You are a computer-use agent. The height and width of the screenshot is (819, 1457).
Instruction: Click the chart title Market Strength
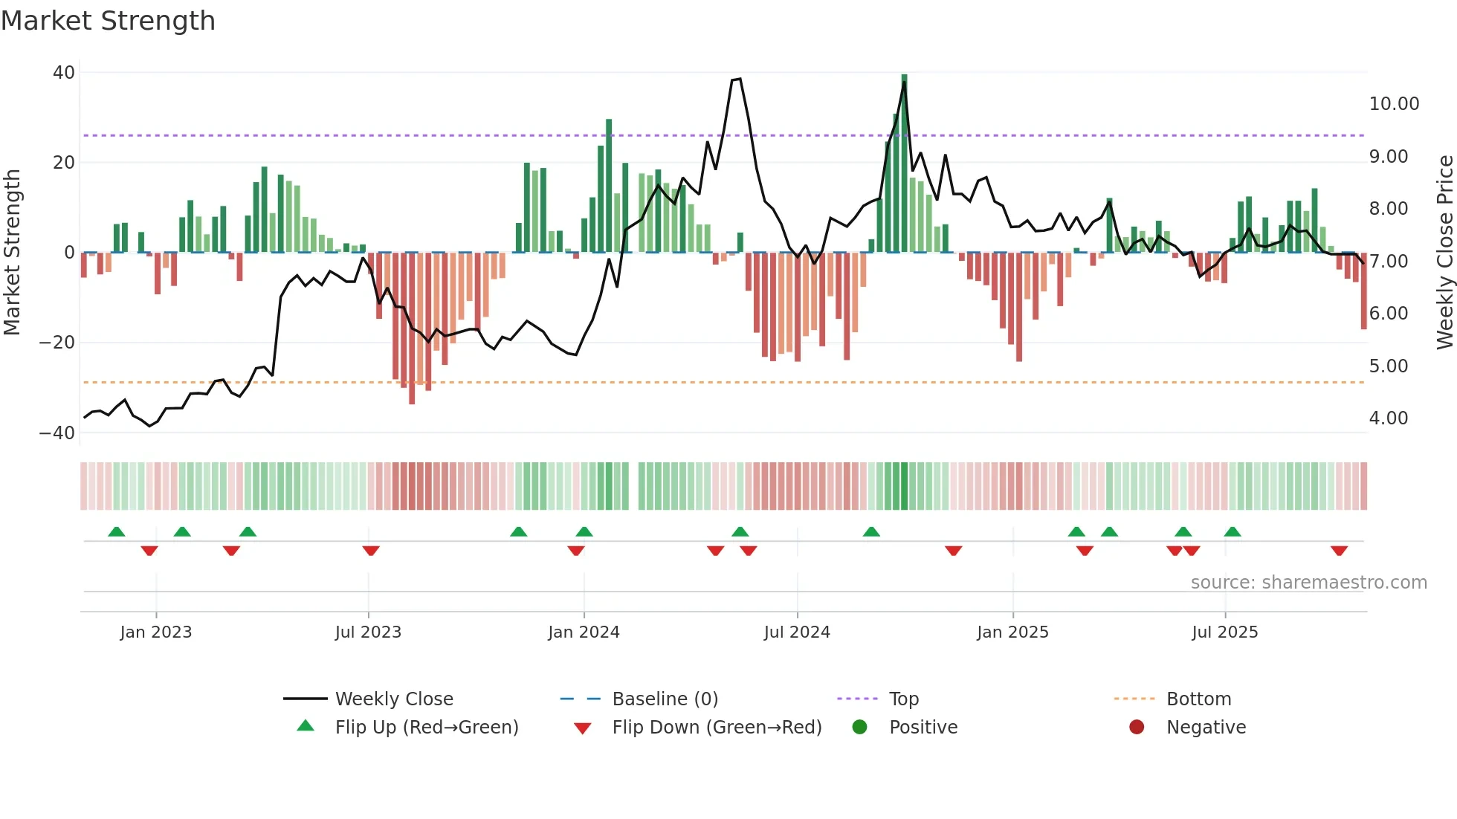(108, 21)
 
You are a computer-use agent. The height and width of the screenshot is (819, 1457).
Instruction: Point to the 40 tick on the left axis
(64, 73)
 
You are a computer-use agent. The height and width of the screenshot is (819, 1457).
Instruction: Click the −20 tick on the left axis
(57, 343)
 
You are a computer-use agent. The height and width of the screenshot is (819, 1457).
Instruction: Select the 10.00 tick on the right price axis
(1394, 104)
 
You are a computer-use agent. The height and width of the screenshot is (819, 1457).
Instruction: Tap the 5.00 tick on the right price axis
(1388, 366)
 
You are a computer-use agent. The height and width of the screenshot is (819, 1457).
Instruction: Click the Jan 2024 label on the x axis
(584, 632)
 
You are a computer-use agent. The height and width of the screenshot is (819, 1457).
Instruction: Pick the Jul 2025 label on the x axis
(1224, 632)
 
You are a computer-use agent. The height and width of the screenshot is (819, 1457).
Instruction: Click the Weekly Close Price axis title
(1444, 252)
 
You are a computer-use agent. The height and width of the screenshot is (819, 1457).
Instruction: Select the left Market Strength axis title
(13, 252)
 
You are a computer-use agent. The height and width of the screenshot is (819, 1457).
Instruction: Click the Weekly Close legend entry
(393, 699)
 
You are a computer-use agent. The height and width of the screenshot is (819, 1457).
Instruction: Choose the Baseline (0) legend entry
(665, 699)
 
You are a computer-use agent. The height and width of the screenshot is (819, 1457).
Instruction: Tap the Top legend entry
(903, 699)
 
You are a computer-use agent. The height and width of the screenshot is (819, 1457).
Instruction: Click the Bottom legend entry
(1198, 699)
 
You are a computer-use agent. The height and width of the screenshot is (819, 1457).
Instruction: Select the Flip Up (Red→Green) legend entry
(426, 728)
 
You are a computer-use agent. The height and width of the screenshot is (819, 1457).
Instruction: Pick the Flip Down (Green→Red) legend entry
(717, 728)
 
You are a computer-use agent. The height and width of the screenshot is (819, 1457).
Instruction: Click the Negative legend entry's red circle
(1137, 728)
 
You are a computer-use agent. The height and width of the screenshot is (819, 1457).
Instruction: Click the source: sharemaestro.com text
(1308, 583)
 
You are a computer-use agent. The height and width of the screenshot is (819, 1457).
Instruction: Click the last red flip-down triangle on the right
(1339, 551)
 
